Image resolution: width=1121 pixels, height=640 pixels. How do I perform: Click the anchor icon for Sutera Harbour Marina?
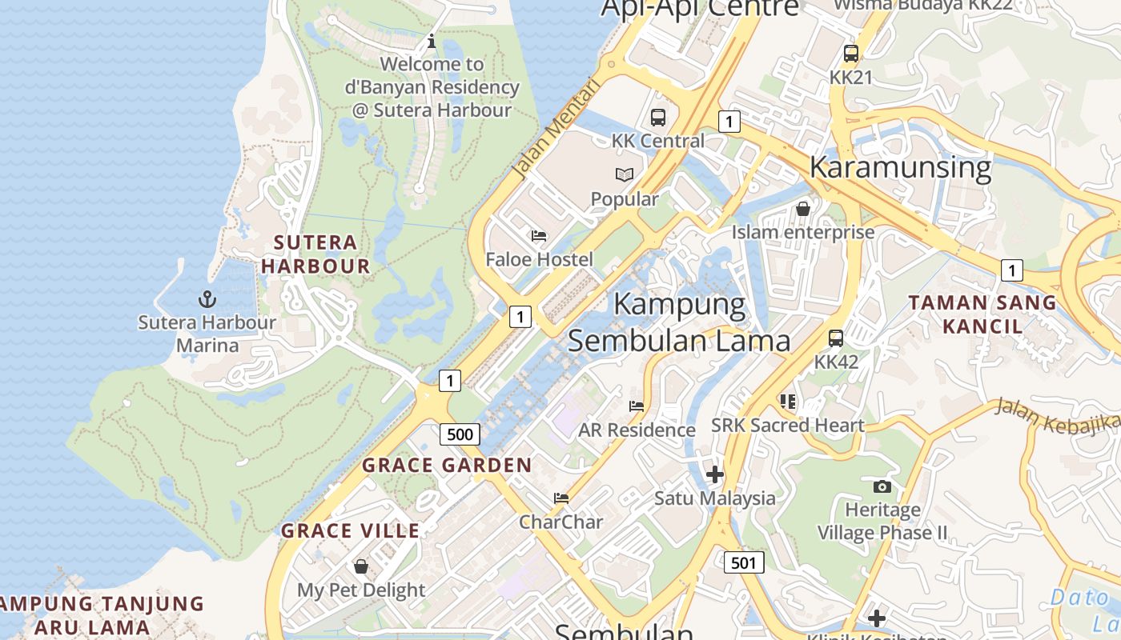(207, 299)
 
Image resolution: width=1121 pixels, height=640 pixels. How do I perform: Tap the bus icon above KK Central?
(657, 118)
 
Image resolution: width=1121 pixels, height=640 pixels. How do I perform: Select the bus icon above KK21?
(850, 54)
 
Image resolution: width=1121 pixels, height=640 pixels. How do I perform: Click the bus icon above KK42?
(836, 338)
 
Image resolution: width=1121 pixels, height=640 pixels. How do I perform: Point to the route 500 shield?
(460, 434)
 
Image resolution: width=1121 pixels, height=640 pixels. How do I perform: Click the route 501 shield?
(744, 562)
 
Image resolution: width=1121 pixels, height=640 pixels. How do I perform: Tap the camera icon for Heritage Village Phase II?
(882, 486)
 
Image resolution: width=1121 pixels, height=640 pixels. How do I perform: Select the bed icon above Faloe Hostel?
(539, 236)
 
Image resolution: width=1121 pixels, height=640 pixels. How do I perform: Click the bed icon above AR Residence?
(637, 406)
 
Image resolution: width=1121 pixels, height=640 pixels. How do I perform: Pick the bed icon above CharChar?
(561, 498)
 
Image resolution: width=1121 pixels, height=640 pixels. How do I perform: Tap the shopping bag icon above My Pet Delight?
(361, 566)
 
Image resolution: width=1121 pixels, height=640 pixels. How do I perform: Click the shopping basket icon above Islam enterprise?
(802, 209)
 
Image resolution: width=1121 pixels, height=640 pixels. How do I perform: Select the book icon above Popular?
(625, 174)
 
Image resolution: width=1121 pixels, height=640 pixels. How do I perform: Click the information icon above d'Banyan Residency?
(432, 41)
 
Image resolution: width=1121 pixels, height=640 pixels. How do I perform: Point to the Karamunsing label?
(900, 167)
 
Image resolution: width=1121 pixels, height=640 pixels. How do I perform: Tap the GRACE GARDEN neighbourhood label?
(447, 465)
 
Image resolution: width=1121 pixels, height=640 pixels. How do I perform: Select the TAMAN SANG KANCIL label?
(982, 314)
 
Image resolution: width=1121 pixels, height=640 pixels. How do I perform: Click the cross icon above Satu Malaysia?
(715, 474)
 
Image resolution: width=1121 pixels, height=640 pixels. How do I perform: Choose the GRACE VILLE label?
(350, 530)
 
